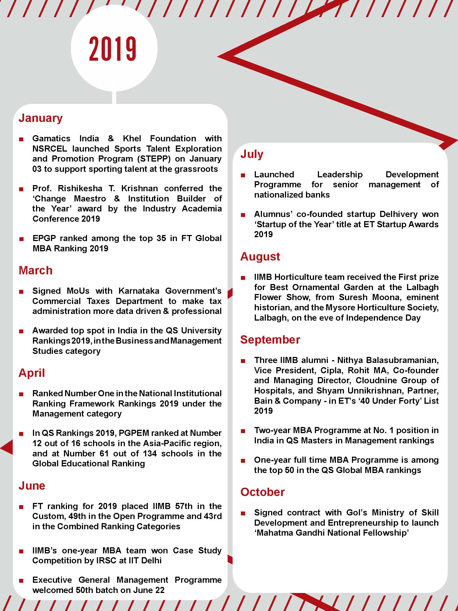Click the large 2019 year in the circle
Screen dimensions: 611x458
click(x=113, y=49)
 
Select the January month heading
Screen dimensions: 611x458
click(x=41, y=118)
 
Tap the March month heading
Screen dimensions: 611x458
click(x=35, y=270)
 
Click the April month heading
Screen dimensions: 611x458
click(x=32, y=373)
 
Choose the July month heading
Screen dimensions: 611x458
click(x=252, y=154)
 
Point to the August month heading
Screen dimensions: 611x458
click(x=260, y=257)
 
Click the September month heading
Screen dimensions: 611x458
click(x=270, y=340)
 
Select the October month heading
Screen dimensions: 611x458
click(x=262, y=492)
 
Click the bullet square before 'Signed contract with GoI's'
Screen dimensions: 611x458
click(x=243, y=513)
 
